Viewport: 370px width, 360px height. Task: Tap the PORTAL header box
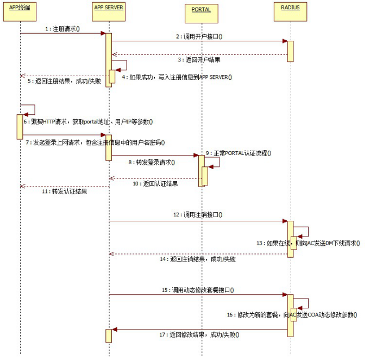pos(201,9)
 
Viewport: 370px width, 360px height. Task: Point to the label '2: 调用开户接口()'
pos(199,36)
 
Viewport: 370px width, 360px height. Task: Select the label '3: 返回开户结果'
pos(199,59)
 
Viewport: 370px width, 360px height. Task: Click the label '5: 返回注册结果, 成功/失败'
pos(65,81)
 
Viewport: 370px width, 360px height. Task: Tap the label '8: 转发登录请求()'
pos(152,162)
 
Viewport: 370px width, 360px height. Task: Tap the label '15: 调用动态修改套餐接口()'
pos(199,290)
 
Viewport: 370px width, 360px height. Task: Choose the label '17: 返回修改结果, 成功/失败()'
pos(199,334)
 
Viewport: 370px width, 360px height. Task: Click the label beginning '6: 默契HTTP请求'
pos(87,122)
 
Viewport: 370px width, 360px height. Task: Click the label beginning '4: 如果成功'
pos(177,77)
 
